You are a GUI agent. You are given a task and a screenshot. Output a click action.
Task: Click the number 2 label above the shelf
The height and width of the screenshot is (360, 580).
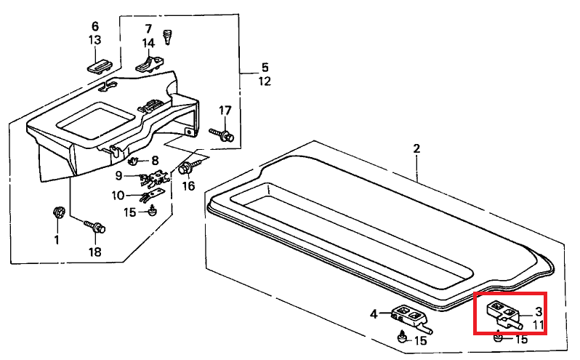(x=416, y=149)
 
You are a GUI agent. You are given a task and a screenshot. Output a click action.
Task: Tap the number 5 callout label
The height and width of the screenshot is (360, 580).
(x=265, y=68)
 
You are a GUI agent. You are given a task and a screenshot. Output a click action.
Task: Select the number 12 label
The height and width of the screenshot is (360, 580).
(x=265, y=81)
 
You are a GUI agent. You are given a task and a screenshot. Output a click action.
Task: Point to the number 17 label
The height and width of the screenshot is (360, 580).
(x=225, y=111)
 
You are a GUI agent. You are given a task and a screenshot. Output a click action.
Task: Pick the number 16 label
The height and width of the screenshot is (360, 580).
(x=188, y=186)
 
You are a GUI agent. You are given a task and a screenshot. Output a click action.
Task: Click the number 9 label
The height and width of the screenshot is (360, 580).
(x=118, y=175)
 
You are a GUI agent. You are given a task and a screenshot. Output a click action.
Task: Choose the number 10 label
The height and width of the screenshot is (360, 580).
(x=118, y=195)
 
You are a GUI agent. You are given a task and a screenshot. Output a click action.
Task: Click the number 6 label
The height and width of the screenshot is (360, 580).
(x=95, y=26)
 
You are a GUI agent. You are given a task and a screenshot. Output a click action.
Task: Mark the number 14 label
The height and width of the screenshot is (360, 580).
(x=148, y=43)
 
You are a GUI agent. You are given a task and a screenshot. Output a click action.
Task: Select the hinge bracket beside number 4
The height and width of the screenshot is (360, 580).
(x=408, y=316)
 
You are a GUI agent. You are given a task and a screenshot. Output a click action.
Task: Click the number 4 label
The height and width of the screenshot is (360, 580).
(x=374, y=314)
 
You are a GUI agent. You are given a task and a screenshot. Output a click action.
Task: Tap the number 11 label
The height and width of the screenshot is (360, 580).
(x=538, y=324)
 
